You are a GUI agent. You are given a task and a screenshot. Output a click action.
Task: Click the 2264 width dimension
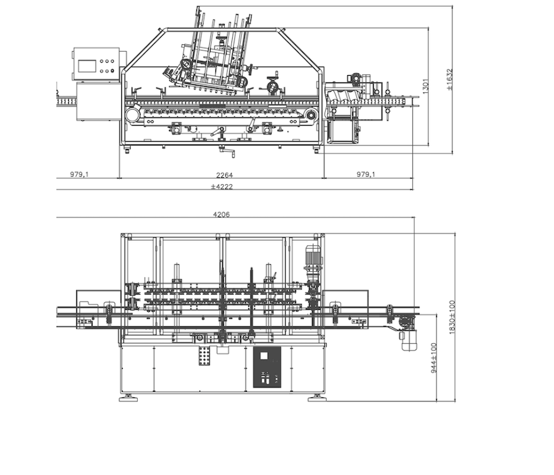[x=224, y=175]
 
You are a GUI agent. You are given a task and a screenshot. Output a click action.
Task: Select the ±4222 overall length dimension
[x=222, y=187]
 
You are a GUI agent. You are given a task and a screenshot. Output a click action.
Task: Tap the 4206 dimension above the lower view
[x=221, y=214]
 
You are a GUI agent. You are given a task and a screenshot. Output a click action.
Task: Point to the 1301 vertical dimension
[x=425, y=86]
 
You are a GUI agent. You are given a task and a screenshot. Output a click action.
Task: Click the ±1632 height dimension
[x=449, y=79]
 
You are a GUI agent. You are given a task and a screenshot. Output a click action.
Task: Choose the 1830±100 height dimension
[x=452, y=317]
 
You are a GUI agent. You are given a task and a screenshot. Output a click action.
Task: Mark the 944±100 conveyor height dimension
[x=434, y=357]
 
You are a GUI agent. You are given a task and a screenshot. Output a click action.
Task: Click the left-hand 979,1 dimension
[x=79, y=174]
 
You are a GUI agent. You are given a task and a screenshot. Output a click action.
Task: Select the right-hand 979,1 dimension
[x=366, y=174]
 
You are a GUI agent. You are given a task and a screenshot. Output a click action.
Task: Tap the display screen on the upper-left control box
[x=87, y=66]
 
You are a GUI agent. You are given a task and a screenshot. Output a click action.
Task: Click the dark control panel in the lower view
[x=267, y=367]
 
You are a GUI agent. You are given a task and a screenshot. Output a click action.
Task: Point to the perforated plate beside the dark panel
[x=204, y=355]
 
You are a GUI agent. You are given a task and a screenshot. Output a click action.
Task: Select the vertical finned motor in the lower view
[x=313, y=258]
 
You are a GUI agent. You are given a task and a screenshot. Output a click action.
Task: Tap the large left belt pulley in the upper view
[x=133, y=115]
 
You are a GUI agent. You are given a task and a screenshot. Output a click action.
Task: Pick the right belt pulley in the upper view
[x=311, y=115]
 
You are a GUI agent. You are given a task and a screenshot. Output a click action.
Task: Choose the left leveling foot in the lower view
[x=128, y=399]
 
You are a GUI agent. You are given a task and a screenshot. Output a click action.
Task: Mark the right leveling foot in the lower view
[x=317, y=399]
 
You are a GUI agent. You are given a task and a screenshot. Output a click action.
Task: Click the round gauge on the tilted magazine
[x=185, y=64]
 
